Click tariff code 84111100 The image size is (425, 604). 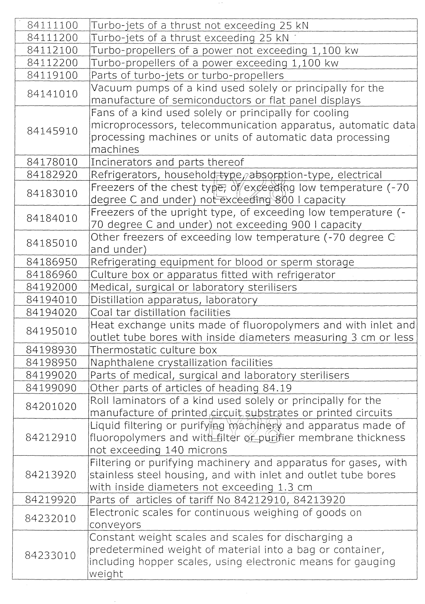pos(53,25)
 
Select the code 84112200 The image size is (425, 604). pos(53,63)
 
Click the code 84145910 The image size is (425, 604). pos(52,131)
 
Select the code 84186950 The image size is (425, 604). pos(52,262)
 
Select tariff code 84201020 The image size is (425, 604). pos(51,406)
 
